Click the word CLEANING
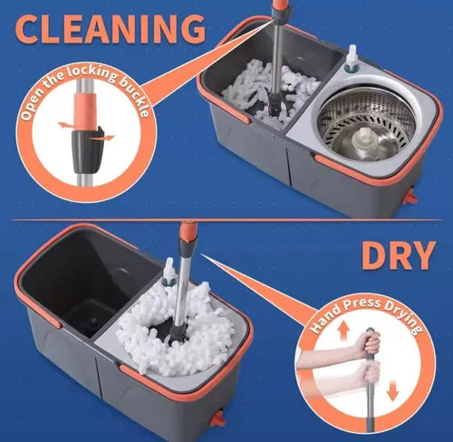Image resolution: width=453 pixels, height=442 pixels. tap(111, 29)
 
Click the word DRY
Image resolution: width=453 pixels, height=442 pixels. tap(399, 255)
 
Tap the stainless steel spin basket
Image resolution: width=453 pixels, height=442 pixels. tap(367, 123)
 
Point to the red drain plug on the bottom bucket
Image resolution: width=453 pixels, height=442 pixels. tap(217, 418)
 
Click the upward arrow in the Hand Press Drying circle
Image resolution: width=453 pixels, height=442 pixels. tap(342, 331)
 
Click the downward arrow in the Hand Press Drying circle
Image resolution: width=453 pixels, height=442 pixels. tap(392, 390)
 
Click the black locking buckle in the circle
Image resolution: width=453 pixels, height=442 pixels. tap(87, 150)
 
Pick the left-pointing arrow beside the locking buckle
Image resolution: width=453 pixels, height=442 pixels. tap(64, 125)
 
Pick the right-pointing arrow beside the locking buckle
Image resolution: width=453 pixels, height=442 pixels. tap(102, 139)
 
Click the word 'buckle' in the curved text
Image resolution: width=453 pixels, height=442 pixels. tap(135, 96)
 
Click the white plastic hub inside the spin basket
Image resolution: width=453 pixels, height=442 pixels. tap(366, 139)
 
